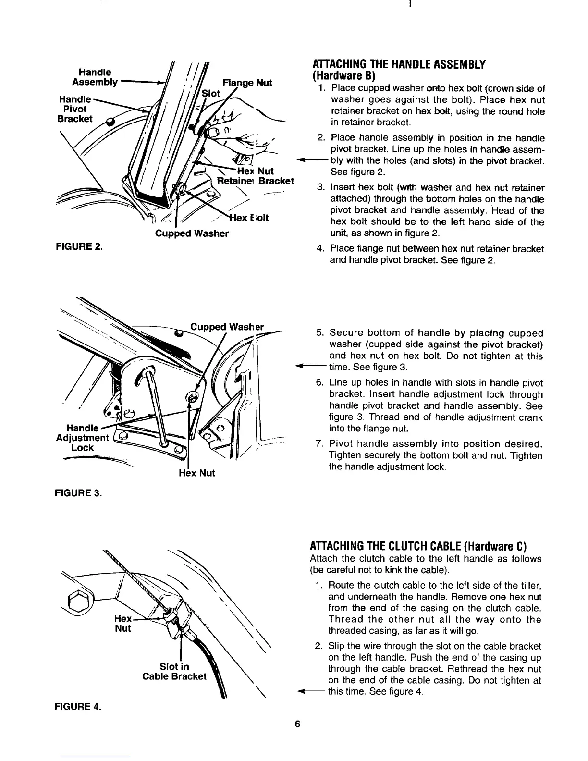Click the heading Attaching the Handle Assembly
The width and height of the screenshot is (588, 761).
click(x=399, y=65)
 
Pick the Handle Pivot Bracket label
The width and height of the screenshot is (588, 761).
click(x=73, y=110)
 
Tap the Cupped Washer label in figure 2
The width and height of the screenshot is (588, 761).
click(x=192, y=234)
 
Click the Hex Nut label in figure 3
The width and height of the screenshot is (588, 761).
click(x=196, y=473)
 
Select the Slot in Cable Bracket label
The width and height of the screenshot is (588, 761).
click(x=174, y=672)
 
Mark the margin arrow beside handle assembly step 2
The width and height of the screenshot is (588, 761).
click(x=306, y=160)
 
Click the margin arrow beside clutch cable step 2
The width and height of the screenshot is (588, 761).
click(x=306, y=692)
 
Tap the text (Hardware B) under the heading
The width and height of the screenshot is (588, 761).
click(x=341, y=76)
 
